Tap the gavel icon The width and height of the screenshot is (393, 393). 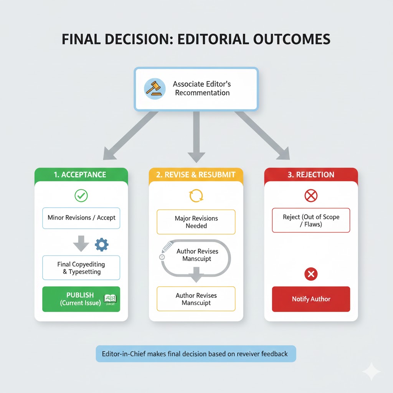click(155, 88)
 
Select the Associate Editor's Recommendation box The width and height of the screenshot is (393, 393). click(196, 88)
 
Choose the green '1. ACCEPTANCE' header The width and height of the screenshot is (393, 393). click(81, 175)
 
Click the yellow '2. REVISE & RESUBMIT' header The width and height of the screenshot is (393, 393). click(196, 175)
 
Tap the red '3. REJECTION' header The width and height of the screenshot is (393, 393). click(311, 175)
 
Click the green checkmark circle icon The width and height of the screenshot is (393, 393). click(81, 196)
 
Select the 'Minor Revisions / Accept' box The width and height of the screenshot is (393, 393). click(81, 218)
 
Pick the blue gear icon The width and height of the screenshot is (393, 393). click(101, 244)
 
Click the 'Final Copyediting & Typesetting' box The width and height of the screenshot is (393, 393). click(81, 268)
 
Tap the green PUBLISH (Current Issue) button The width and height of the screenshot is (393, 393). click(81, 299)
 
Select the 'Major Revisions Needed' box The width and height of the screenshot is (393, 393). click(196, 222)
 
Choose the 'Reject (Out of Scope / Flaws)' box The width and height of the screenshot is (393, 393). click(311, 220)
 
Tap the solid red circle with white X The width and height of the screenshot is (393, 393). click(311, 274)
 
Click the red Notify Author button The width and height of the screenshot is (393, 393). click(311, 299)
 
